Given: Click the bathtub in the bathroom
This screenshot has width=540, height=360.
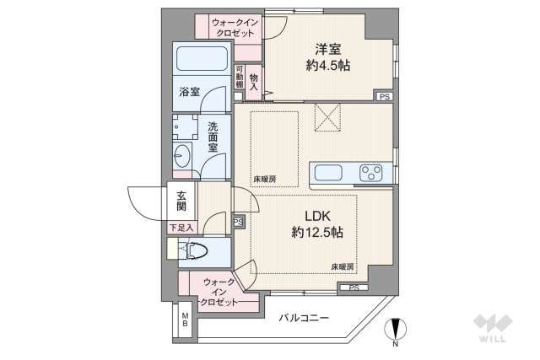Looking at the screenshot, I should tap(202, 59).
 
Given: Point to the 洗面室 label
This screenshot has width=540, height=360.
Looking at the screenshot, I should tap(213, 137).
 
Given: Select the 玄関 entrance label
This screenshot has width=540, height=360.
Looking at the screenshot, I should tap(181, 200).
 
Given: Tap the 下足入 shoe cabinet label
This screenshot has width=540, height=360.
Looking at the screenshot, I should tap(181, 227).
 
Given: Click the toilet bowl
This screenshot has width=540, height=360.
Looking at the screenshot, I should tap(195, 251).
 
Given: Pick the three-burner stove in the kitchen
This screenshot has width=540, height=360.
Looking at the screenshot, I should tap(370, 173).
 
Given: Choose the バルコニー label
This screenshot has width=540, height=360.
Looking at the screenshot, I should tap(302, 317).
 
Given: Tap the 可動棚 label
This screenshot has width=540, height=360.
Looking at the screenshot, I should tap(240, 78).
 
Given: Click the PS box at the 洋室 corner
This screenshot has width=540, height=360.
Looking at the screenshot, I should tap(384, 97).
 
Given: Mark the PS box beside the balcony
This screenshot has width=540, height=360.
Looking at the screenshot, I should tap(353, 288).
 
